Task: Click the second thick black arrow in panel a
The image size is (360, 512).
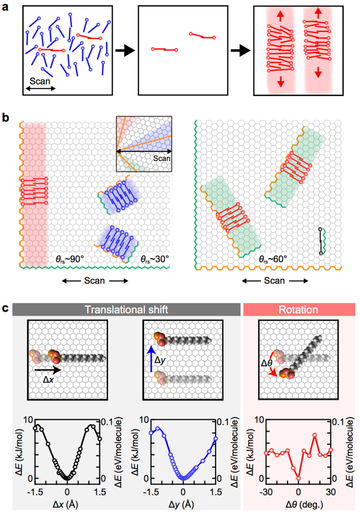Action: (x=241, y=51)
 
